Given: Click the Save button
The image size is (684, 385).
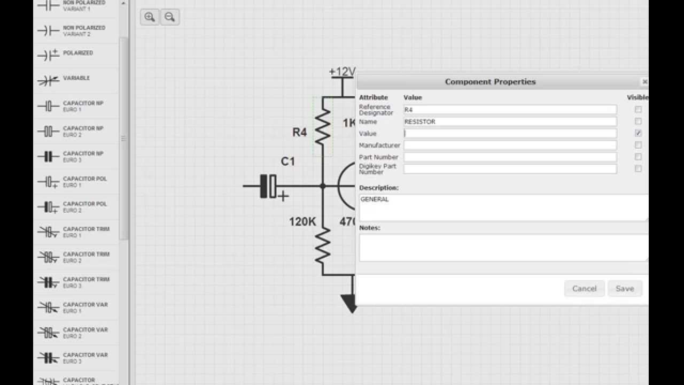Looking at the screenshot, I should (x=624, y=289).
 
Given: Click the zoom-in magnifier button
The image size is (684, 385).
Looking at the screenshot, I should (x=150, y=17).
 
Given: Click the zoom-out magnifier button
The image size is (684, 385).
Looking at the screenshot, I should (x=169, y=17).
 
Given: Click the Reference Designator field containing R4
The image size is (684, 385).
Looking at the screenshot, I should (x=510, y=110).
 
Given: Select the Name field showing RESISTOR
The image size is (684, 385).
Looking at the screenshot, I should (x=510, y=121).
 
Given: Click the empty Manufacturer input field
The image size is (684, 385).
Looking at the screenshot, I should (x=510, y=145).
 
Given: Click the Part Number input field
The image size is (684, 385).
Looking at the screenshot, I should (x=510, y=157).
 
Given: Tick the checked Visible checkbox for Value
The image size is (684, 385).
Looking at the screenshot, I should (x=638, y=133).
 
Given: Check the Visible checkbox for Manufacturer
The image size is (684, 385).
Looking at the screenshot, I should (x=638, y=145).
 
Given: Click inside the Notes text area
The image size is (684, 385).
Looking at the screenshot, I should (x=502, y=248).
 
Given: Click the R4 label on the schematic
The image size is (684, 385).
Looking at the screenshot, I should (x=299, y=133).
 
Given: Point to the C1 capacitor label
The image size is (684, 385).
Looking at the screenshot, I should (x=287, y=161).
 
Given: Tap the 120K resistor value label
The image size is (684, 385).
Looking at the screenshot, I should (x=302, y=221).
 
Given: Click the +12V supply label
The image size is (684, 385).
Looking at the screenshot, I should (x=342, y=72).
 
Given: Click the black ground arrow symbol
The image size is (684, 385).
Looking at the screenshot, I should (x=349, y=304).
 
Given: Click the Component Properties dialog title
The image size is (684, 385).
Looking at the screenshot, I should (x=490, y=82).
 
